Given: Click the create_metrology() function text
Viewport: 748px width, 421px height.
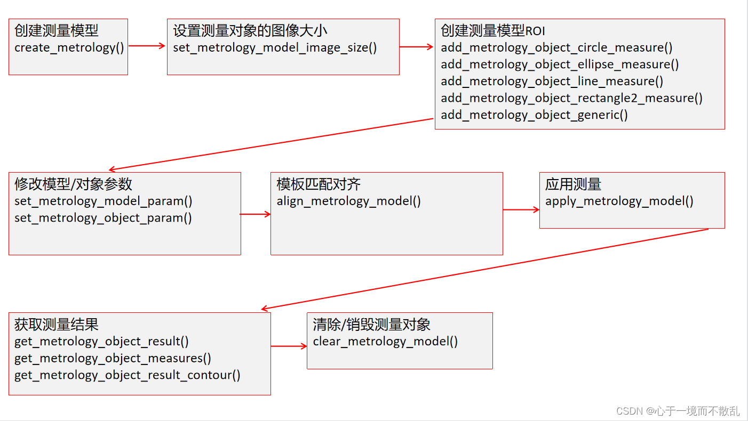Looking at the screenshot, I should pyautogui.click(x=69, y=48).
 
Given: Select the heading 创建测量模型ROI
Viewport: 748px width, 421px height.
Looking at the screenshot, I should pyautogui.click(x=492, y=31).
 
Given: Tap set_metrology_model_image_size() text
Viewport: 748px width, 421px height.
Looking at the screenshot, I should pyautogui.click(x=275, y=48).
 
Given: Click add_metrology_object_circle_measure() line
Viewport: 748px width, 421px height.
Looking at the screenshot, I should pyautogui.click(x=556, y=48).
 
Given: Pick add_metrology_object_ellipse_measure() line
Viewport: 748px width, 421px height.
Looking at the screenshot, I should pyautogui.click(x=560, y=64).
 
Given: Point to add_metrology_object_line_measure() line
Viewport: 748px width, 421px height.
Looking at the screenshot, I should pyautogui.click(x=552, y=82).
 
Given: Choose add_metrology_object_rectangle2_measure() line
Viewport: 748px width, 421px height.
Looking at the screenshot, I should pyautogui.click(x=571, y=98).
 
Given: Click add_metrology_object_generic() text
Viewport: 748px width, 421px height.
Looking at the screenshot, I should pyautogui.click(x=534, y=115).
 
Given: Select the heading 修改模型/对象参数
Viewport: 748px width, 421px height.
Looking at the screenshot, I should pyautogui.click(x=73, y=184).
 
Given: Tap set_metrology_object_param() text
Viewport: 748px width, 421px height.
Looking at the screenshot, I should pyautogui.click(x=103, y=218).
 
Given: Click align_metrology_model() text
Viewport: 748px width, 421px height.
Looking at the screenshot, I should pyautogui.click(x=348, y=201).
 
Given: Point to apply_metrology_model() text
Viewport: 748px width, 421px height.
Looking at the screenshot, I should pyautogui.click(x=619, y=201).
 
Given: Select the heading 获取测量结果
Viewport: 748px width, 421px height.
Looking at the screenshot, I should pyautogui.click(x=56, y=325).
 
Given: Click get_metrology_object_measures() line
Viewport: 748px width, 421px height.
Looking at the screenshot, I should pyautogui.click(x=113, y=358).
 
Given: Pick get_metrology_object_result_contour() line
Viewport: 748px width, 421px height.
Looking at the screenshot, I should pyautogui.click(x=127, y=375).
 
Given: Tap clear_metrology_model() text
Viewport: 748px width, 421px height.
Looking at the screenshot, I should pyautogui.click(x=385, y=342).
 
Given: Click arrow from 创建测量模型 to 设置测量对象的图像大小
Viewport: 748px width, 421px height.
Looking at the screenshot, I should pyautogui.click(x=147, y=46).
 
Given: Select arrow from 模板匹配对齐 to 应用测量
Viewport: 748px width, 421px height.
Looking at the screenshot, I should pyautogui.click(x=521, y=210).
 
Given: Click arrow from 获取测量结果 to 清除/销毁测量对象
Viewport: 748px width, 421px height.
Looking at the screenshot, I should pyautogui.click(x=289, y=346).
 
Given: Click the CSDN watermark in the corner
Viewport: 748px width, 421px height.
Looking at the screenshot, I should pyautogui.click(x=678, y=411).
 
